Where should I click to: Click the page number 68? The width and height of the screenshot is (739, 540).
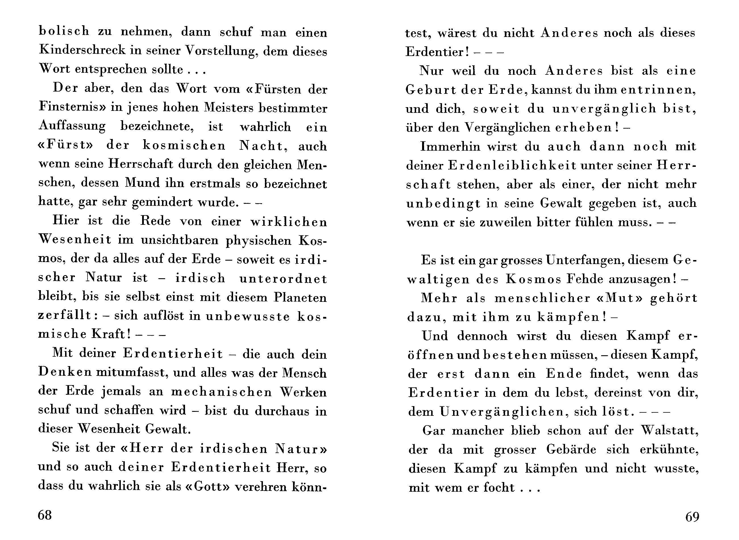click(x=45, y=515)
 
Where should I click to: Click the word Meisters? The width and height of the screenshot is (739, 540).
click(x=229, y=107)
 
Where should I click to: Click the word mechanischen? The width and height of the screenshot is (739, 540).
click(x=221, y=392)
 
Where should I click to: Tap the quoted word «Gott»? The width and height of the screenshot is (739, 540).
click(x=207, y=486)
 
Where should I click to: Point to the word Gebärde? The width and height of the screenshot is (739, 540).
click(x=571, y=449)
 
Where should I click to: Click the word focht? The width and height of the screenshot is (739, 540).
click(x=499, y=487)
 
